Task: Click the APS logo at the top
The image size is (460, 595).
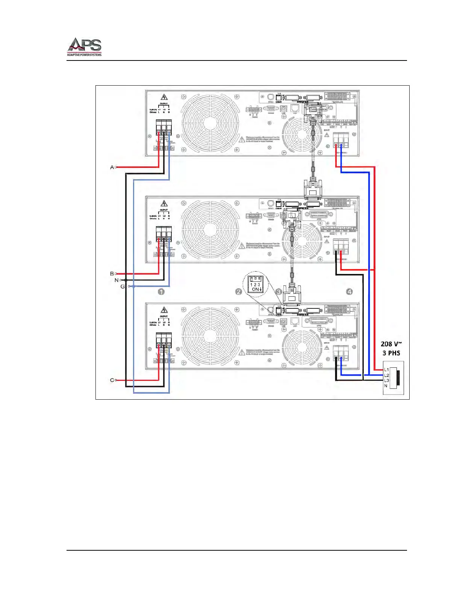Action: tap(84, 47)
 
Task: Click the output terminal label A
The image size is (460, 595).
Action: tap(112, 167)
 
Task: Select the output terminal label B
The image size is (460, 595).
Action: tap(112, 274)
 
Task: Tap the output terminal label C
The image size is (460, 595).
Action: tap(112, 380)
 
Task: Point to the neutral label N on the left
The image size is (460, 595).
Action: tap(116, 280)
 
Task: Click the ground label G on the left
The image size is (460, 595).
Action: tap(123, 287)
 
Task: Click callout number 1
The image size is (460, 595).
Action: tap(161, 291)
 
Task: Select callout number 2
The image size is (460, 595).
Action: tap(238, 291)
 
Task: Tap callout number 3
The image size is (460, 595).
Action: tap(278, 291)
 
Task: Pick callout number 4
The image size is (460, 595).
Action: tap(350, 291)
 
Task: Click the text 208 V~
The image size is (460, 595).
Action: tap(391, 344)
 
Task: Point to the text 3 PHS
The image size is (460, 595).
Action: tap(391, 353)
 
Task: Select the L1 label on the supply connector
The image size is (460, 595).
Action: tap(386, 370)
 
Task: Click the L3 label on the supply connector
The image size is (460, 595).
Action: tap(386, 381)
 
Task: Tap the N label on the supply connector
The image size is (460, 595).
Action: tap(386, 386)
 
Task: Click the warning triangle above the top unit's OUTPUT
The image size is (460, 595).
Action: tap(164, 97)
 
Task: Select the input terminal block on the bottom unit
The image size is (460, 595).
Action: tap(341, 353)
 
